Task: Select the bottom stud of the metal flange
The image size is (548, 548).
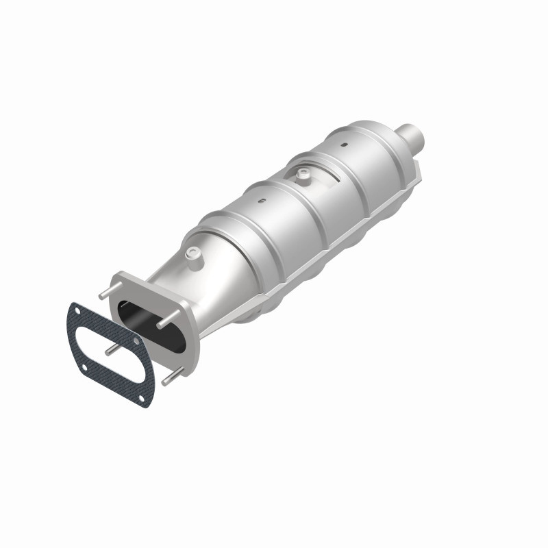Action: [x=171, y=376]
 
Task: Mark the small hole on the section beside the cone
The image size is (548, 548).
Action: [x=260, y=201]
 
